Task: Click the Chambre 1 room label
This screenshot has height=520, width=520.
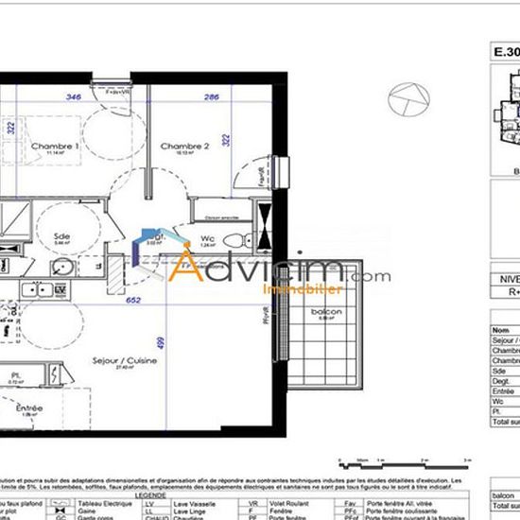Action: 54,147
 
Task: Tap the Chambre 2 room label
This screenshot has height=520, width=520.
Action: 184,147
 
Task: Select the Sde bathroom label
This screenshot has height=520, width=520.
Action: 61,236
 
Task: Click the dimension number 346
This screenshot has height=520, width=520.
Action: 73,97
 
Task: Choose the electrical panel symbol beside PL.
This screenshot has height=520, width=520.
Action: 58,377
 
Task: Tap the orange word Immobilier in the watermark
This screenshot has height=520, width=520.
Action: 289,290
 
